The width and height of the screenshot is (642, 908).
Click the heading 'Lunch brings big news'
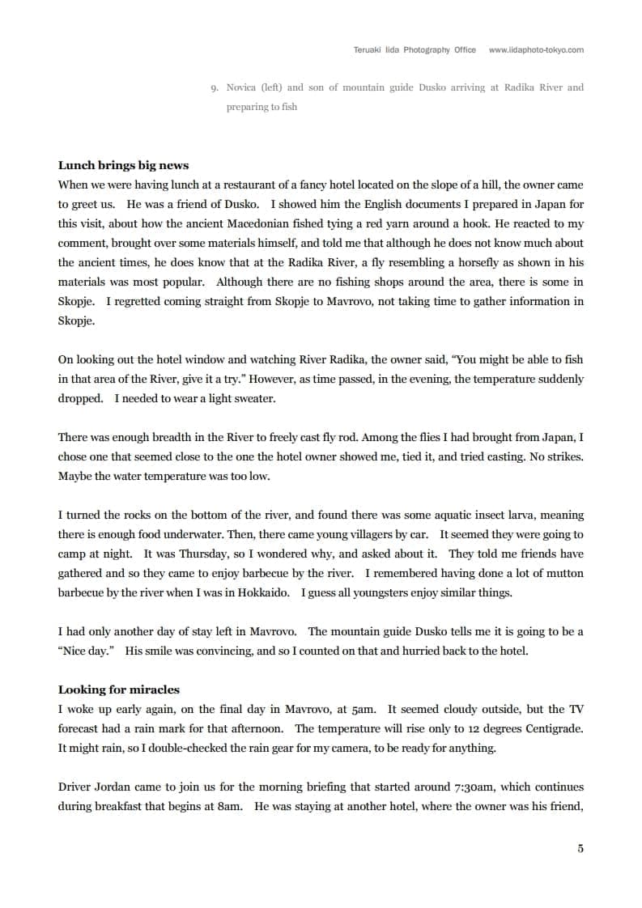point(123,165)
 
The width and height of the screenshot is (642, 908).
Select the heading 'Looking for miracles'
point(118,689)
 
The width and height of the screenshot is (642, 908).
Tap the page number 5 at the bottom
point(580,848)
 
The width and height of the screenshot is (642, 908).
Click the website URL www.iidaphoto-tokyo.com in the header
point(536,50)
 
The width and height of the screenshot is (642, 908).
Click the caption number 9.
point(213,87)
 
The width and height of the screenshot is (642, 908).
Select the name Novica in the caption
point(242,87)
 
